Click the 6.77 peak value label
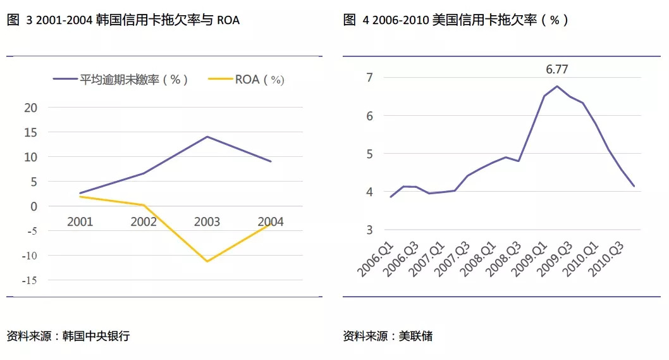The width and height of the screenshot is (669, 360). tap(557, 70)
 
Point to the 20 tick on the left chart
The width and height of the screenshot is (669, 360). tap(31, 108)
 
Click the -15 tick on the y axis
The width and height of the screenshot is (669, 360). tap(29, 280)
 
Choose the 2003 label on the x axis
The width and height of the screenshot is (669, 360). tap(207, 221)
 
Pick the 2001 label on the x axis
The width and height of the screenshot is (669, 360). tap(80, 221)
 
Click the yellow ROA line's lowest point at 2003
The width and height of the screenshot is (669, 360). tap(207, 261)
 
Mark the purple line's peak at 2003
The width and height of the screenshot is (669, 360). tap(207, 137)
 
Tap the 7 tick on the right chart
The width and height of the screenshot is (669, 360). tap(370, 78)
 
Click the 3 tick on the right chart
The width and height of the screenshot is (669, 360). tap(370, 230)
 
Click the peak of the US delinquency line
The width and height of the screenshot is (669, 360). tap(557, 86)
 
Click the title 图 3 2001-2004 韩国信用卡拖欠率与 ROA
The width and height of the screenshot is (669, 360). tap(123, 20)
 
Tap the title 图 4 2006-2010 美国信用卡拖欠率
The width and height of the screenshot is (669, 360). tap(455, 20)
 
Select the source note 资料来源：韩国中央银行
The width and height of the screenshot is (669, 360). tap(68, 336)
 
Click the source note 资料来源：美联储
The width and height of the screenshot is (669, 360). tap(388, 336)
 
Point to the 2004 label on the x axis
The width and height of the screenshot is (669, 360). tap(271, 221)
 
